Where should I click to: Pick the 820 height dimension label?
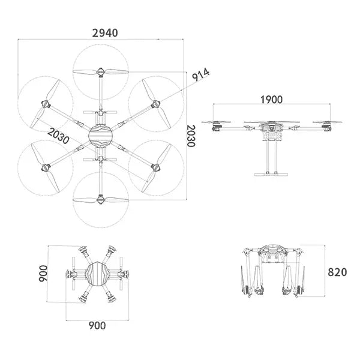pos(337,271)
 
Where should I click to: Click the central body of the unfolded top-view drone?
pos(100,136)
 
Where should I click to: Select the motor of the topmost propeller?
pos(101,73)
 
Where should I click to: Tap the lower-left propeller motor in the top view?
pos(46,167)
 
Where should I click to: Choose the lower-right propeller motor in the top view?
pos(155,167)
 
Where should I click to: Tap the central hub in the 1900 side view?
pos(271,128)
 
